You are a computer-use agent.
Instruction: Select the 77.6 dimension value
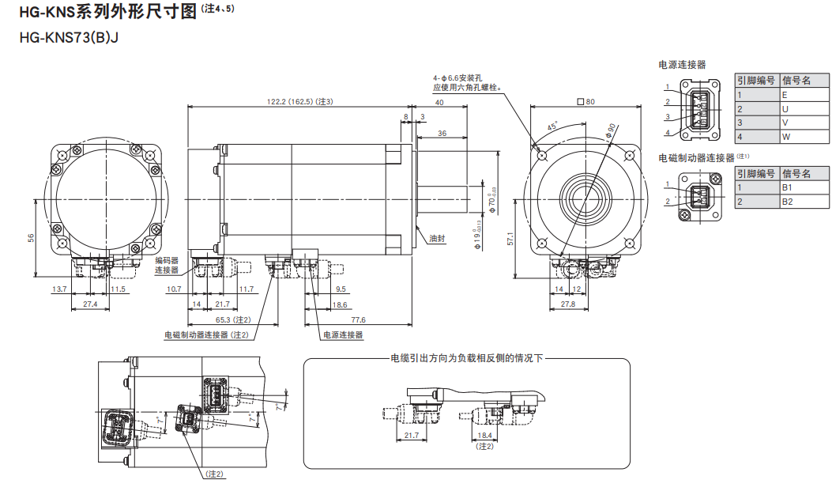[358, 319]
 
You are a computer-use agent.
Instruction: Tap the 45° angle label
[552, 126]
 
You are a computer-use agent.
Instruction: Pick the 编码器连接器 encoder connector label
[167, 265]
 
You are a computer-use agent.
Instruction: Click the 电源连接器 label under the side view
[343, 335]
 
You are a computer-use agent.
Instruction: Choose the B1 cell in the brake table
[786, 188]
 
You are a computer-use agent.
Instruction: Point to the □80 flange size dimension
[586, 101]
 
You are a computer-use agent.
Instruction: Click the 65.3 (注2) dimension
[233, 319]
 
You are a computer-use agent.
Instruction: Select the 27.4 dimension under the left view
[90, 304]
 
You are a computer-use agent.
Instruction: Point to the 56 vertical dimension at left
[31, 236]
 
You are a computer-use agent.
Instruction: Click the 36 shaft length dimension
[442, 134]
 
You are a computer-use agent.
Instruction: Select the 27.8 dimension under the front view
[568, 304]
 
